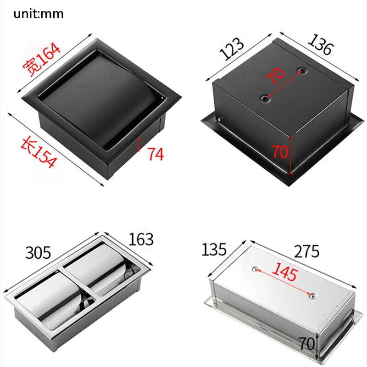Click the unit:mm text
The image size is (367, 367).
click(39, 14)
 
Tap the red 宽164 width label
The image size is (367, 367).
click(42, 59)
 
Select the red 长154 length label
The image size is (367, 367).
click(39, 153)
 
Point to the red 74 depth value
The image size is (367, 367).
click(156, 154)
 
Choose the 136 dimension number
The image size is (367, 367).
click(320, 44)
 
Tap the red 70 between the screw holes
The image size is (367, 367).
click(276, 75)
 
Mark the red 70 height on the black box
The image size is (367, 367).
click(280, 152)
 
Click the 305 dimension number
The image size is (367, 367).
click(38, 252)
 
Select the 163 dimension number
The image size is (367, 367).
click(141, 239)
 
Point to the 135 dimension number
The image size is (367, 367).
click(214, 249)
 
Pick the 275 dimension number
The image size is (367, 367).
click(306, 251)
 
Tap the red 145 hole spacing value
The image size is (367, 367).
click(284, 272)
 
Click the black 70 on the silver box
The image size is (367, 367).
click(307, 343)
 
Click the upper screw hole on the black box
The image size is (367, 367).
click(303, 71)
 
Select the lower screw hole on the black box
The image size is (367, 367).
click(266, 99)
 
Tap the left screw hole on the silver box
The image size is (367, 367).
click(256, 269)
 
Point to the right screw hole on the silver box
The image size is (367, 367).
click(312, 296)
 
